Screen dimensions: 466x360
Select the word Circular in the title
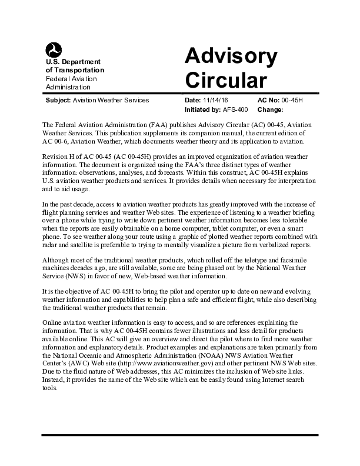pyautogui.click(x=226, y=79)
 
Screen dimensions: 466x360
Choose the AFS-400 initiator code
pyautogui.click(x=235, y=109)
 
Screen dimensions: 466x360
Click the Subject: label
pyautogui.click(x=58, y=100)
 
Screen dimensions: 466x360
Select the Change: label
pyautogui.click(x=271, y=109)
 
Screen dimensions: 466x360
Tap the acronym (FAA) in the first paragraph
pyautogui.click(x=147, y=126)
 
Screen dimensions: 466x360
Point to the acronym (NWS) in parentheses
pyautogui.click(x=79, y=277)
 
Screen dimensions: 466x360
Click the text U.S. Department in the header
pyautogui.click(x=73, y=62)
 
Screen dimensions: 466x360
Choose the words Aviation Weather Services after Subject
pyautogui.click(x=111, y=100)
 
